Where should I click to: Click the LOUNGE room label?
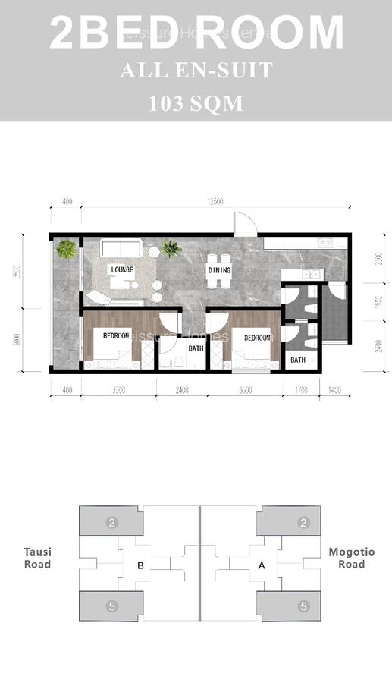click(x=122, y=269)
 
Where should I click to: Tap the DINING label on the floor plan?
click(x=219, y=269)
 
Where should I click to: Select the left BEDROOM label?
click(x=117, y=335)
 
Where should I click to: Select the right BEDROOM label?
click(x=257, y=338)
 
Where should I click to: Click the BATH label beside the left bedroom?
click(x=196, y=349)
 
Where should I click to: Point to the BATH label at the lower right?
click(x=298, y=360)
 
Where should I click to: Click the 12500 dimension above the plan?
click(x=216, y=202)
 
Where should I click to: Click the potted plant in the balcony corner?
click(x=67, y=248)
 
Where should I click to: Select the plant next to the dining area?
click(x=171, y=248)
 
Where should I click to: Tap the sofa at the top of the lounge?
click(x=121, y=249)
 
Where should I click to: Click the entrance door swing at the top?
click(x=244, y=222)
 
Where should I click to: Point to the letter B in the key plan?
click(x=140, y=565)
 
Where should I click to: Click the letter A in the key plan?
click(x=262, y=565)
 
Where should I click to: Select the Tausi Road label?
click(x=37, y=558)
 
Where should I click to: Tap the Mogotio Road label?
click(x=347, y=558)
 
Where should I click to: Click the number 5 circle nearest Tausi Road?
click(x=111, y=606)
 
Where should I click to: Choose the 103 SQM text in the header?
click(x=196, y=102)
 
